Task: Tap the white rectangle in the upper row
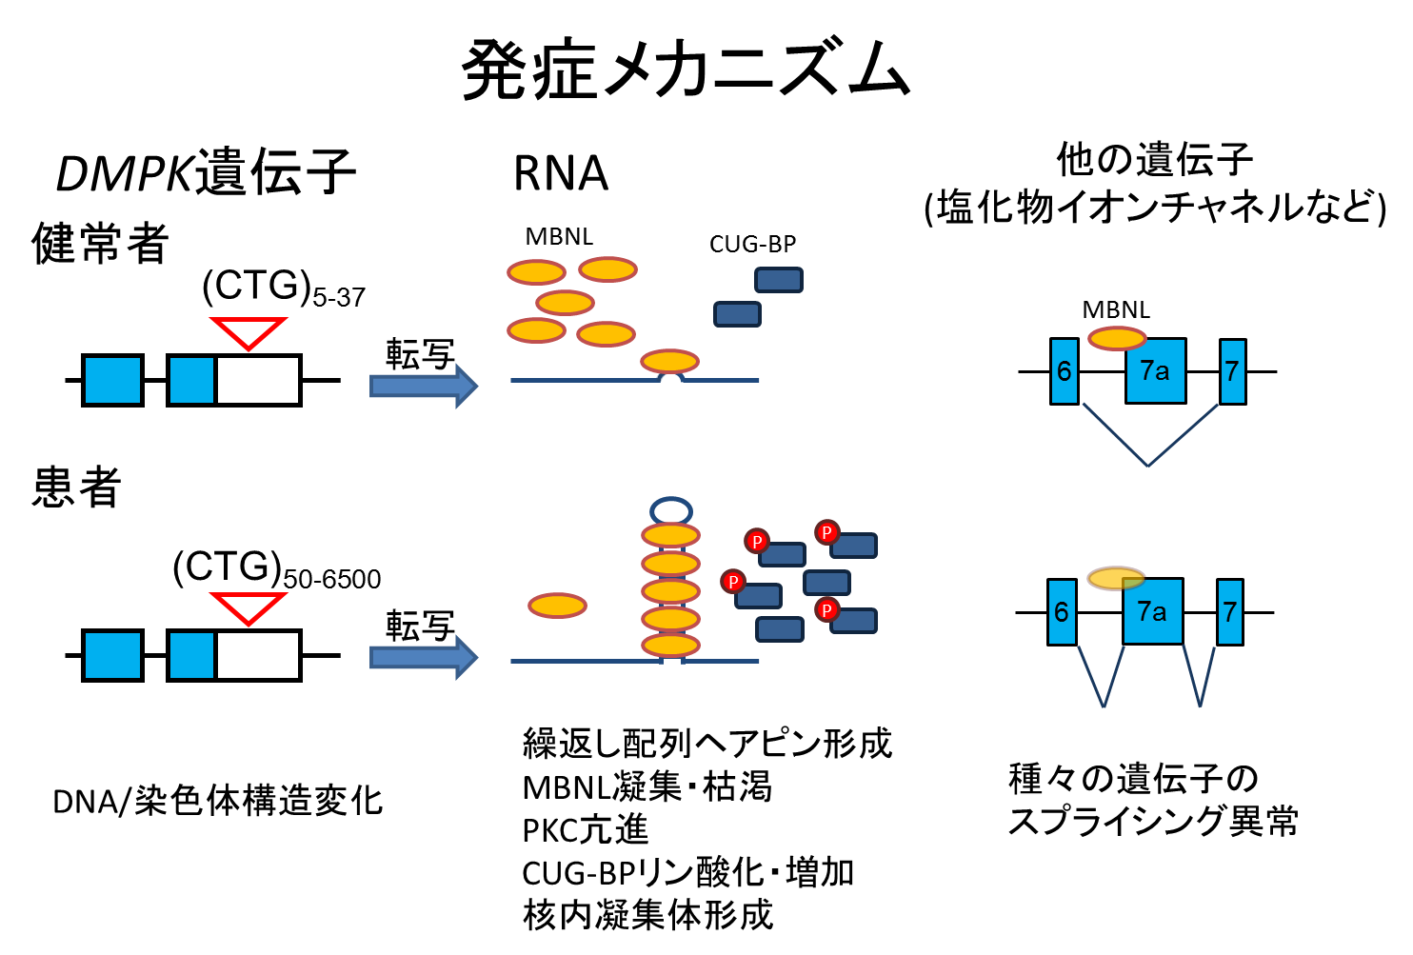258,380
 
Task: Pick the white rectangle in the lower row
258,655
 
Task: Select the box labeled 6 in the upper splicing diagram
1065,371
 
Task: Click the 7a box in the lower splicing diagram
1153,612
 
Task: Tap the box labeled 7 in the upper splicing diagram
1232,371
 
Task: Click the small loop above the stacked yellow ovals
671,510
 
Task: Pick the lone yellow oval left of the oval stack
557,606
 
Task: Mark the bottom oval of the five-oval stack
671,646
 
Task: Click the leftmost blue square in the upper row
112,380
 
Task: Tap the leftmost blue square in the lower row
112,655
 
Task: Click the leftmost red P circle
732,581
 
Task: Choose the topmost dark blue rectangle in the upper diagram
779,280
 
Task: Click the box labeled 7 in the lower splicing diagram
1230,612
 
